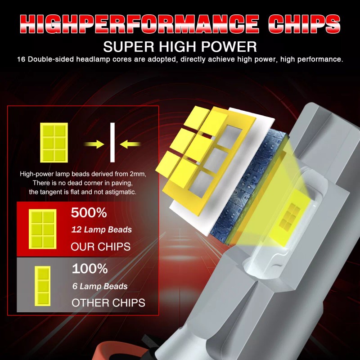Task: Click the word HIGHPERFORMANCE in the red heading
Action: coord(139,24)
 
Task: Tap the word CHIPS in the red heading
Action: coord(304,24)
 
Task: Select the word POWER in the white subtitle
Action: coord(229,47)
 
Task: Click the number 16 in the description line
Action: coord(21,59)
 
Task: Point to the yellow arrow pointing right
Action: coord(94,144)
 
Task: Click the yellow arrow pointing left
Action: coord(130,144)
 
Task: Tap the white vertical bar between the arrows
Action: coord(112,142)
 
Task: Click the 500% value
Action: coord(89,212)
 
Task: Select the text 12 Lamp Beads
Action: coord(102,229)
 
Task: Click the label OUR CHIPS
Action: coord(100,247)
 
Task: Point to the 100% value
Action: coord(90,268)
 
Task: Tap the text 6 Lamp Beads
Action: coord(100,286)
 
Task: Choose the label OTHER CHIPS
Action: coord(108,303)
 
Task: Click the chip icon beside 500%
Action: coord(42,229)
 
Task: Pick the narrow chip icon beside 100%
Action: coord(42,286)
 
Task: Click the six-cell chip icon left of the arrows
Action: coord(54,143)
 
